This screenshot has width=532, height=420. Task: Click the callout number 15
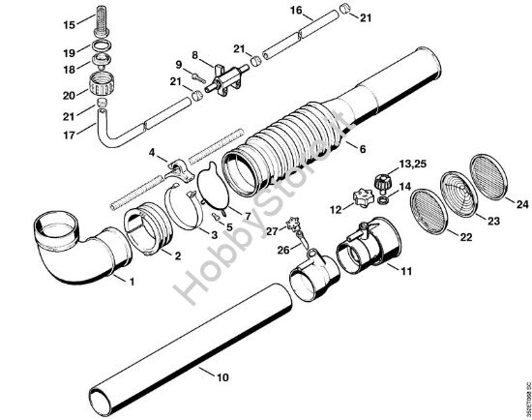14,22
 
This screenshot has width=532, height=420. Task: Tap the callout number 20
14,95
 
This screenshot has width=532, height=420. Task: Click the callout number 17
14,135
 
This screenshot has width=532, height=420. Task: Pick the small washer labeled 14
383,196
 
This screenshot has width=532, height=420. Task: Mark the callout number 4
152,152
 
